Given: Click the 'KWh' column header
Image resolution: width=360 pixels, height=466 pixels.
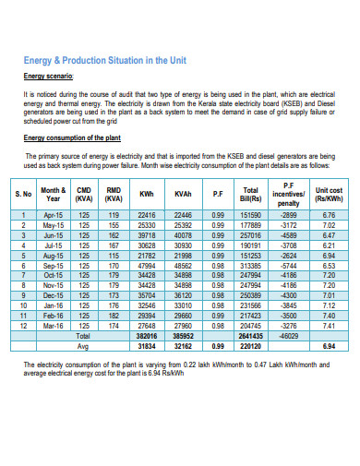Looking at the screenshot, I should click(x=145, y=196).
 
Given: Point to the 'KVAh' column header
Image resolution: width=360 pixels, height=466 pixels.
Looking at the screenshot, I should click(x=182, y=196).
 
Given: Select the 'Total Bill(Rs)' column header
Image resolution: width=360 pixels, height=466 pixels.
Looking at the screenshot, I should click(x=250, y=196).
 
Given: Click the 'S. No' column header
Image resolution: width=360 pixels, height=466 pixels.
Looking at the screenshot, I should click(x=24, y=196).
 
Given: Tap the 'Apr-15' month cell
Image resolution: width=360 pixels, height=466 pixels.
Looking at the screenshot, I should click(x=54, y=214).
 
